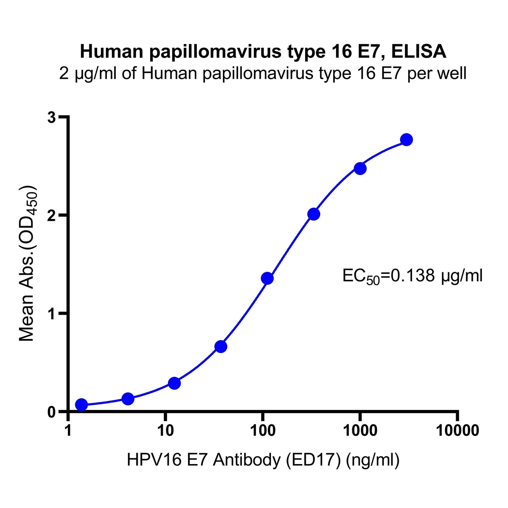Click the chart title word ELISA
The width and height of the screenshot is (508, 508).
tap(418, 52)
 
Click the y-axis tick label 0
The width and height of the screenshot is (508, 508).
tap(52, 412)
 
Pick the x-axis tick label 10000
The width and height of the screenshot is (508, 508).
tap(457, 431)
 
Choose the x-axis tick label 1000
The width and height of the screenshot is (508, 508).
tap(360, 431)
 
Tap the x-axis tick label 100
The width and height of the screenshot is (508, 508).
tap(263, 431)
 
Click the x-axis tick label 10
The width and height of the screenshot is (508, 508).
tap(165, 431)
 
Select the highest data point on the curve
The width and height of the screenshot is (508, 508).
tap(406, 140)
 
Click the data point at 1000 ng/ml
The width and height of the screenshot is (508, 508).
tap(360, 168)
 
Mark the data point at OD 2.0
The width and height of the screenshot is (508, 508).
tap(314, 214)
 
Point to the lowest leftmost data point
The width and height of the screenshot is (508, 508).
tap(82, 405)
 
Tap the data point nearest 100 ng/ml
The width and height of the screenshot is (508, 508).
tap(267, 278)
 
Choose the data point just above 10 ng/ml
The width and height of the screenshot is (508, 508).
tap(174, 383)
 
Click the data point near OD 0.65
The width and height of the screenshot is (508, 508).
tap(220, 347)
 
